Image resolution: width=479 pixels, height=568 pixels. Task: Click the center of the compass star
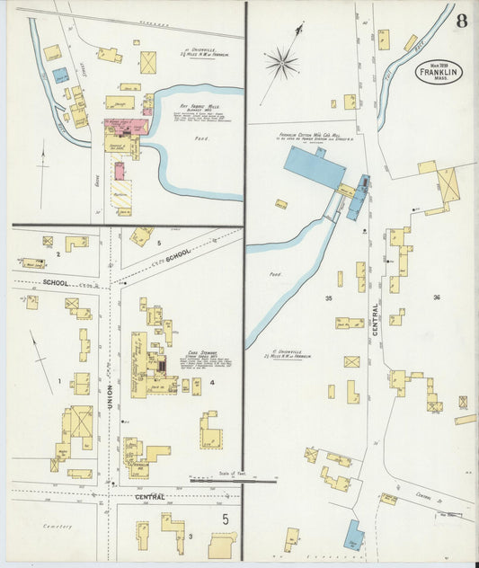tap(281, 63)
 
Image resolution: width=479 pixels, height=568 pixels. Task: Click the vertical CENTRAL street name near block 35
tap(373, 319)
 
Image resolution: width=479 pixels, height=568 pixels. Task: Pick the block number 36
tap(437, 297)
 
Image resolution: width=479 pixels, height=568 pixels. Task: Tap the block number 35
tap(329, 297)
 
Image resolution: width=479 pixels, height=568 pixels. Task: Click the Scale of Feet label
tap(231, 474)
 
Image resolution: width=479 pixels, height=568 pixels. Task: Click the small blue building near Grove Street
tap(60, 75)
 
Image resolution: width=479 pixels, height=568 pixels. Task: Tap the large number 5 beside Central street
tap(226, 519)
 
